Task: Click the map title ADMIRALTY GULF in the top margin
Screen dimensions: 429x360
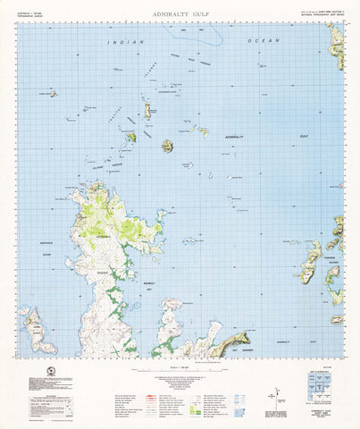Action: coord(179,15)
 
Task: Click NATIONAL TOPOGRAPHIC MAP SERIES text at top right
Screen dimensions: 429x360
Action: coord(314,19)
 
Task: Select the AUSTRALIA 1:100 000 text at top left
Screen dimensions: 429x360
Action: coord(30,15)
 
